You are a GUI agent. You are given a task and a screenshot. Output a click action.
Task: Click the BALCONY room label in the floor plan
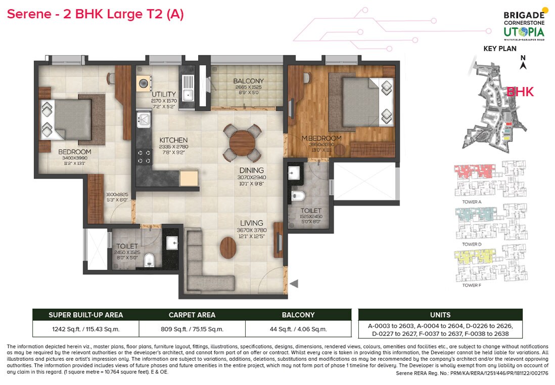(x=248, y=81)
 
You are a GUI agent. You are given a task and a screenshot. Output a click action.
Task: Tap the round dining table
(x=242, y=141)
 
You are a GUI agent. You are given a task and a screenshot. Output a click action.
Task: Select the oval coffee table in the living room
(x=228, y=247)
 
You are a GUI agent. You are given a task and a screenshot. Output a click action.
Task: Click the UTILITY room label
(x=164, y=94)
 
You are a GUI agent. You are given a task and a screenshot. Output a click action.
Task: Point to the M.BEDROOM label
(x=321, y=138)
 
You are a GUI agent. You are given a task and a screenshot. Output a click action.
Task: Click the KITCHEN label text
(x=173, y=140)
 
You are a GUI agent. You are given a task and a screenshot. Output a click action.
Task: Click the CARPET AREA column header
(x=192, y=315)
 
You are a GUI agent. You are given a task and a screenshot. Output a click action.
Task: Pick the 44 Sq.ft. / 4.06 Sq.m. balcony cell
(x=298, y=329)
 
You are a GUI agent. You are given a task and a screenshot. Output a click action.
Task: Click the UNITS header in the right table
(x=440, y=315)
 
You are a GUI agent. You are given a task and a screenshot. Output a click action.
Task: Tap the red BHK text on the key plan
(x=520, y=92)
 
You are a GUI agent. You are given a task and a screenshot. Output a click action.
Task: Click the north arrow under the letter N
(x=524, y=65)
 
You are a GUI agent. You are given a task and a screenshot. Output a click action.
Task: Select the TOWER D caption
(x=472, y=244)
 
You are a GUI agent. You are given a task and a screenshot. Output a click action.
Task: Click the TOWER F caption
(x=471, y=285)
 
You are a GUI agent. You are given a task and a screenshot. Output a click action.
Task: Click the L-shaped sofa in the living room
(x=202, y=268)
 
